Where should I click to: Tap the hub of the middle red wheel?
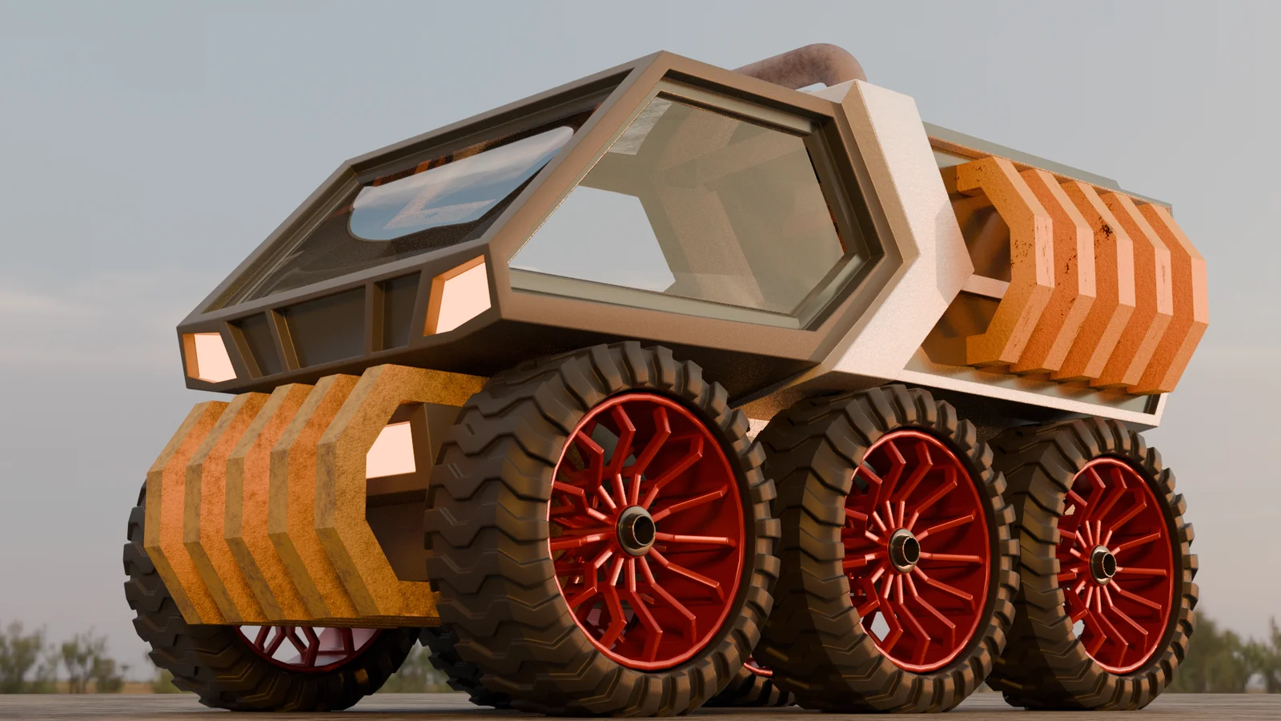(905, 549)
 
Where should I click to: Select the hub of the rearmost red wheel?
(1103, 564)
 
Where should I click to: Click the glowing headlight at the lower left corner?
(208, 356)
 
